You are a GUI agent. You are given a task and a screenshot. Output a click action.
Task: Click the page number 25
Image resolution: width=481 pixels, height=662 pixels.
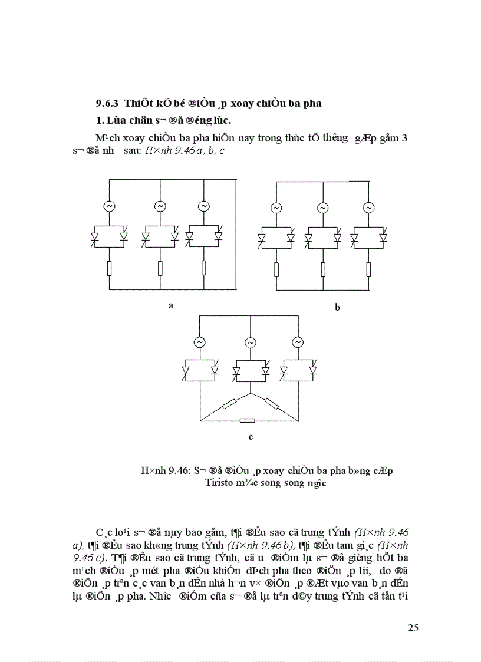413,627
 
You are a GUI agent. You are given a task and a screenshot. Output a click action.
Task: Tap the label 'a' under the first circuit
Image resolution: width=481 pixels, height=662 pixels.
170,305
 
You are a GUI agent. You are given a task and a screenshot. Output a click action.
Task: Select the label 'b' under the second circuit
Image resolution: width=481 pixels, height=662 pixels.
338,307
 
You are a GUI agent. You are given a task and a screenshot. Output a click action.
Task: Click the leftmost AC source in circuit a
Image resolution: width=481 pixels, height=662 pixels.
110,206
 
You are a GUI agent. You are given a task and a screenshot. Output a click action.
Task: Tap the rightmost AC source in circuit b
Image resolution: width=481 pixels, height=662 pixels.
368,208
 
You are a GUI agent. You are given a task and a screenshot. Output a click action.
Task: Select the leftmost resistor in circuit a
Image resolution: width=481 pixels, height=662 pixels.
110,268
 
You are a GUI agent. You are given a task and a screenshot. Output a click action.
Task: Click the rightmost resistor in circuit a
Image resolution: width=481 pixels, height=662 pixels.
203,268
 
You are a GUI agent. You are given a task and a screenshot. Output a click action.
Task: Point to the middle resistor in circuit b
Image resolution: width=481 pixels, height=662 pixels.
322,269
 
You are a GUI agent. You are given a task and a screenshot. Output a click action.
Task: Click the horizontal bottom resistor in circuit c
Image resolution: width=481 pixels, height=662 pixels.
248,420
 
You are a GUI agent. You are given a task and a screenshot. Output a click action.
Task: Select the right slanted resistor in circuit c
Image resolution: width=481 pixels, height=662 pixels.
272,404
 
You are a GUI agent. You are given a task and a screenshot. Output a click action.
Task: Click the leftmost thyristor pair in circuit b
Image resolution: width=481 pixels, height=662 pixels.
276,236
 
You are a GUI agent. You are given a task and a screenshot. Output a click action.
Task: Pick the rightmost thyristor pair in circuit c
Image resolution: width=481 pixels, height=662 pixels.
298,370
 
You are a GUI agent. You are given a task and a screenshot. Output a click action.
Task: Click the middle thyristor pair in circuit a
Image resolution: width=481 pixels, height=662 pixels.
160,236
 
